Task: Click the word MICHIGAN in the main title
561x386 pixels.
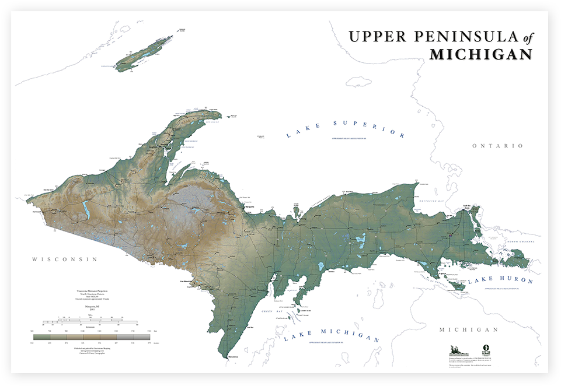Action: [x=481, y=55]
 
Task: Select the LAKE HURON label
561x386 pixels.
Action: [x=500, y=281]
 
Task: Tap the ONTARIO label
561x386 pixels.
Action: [x=498, y=146]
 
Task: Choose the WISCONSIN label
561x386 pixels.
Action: [x=64, y=259]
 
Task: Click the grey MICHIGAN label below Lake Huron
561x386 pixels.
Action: [x=469, y=330]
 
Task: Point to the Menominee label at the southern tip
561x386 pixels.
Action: [x=233, y=355]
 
